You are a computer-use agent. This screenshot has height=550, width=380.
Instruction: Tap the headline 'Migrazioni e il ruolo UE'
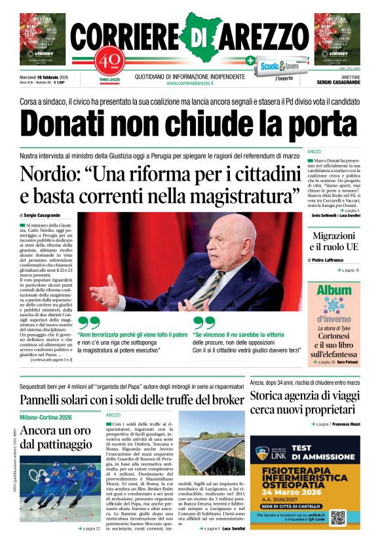(333, 242)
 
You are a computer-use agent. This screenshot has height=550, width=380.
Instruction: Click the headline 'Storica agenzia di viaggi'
(305, 397)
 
